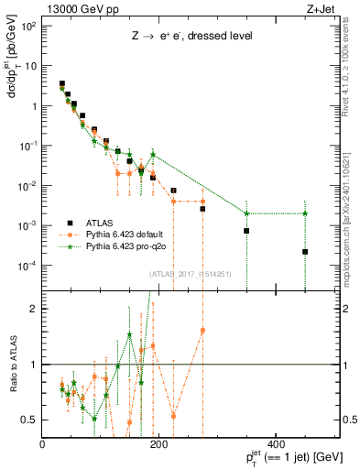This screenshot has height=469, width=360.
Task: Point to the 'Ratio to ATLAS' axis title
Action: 12,365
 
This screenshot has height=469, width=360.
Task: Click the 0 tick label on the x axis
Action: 43,443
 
